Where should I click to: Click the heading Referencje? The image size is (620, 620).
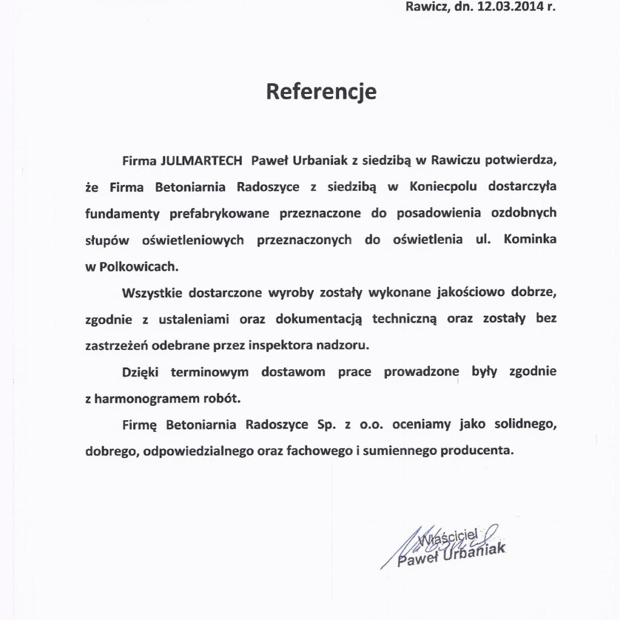tap(322, 91)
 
